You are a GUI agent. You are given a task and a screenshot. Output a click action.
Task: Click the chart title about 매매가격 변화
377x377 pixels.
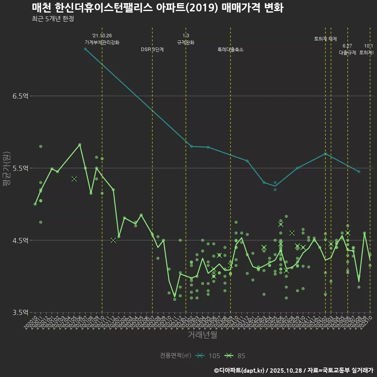click(x=157, y=8)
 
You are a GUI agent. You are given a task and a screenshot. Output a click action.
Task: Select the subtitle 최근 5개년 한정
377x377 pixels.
click(x=53, y=19)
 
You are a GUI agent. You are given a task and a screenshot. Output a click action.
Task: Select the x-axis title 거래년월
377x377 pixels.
click(x=202, y=335)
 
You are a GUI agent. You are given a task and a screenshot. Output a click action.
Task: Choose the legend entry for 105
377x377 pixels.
click(x=208, y=356)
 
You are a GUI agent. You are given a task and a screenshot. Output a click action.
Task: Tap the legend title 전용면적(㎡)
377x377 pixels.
click(x=175, y=356)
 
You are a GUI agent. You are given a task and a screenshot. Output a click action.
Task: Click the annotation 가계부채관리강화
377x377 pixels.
click(x=102, y=42)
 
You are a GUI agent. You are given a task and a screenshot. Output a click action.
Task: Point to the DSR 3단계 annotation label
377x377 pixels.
click(x=152, y=50)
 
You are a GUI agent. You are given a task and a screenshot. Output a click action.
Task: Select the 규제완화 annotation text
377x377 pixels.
click(x=186, y=42)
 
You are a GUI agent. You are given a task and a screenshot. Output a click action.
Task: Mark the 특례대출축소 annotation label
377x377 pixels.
click(x=231, y=50)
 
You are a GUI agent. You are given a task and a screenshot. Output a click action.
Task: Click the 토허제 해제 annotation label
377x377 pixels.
click(x=326, y=39)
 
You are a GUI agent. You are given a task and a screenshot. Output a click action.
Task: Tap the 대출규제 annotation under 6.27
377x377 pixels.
click(x=348, y=53)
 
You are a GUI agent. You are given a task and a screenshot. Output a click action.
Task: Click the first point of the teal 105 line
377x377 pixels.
click(x=85, y=49)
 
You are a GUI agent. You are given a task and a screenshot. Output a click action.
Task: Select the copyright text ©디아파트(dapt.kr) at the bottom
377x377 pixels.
click(x=240, y=370)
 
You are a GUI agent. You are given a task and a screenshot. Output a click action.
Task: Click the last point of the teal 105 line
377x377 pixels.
click(x=359, y=172)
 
